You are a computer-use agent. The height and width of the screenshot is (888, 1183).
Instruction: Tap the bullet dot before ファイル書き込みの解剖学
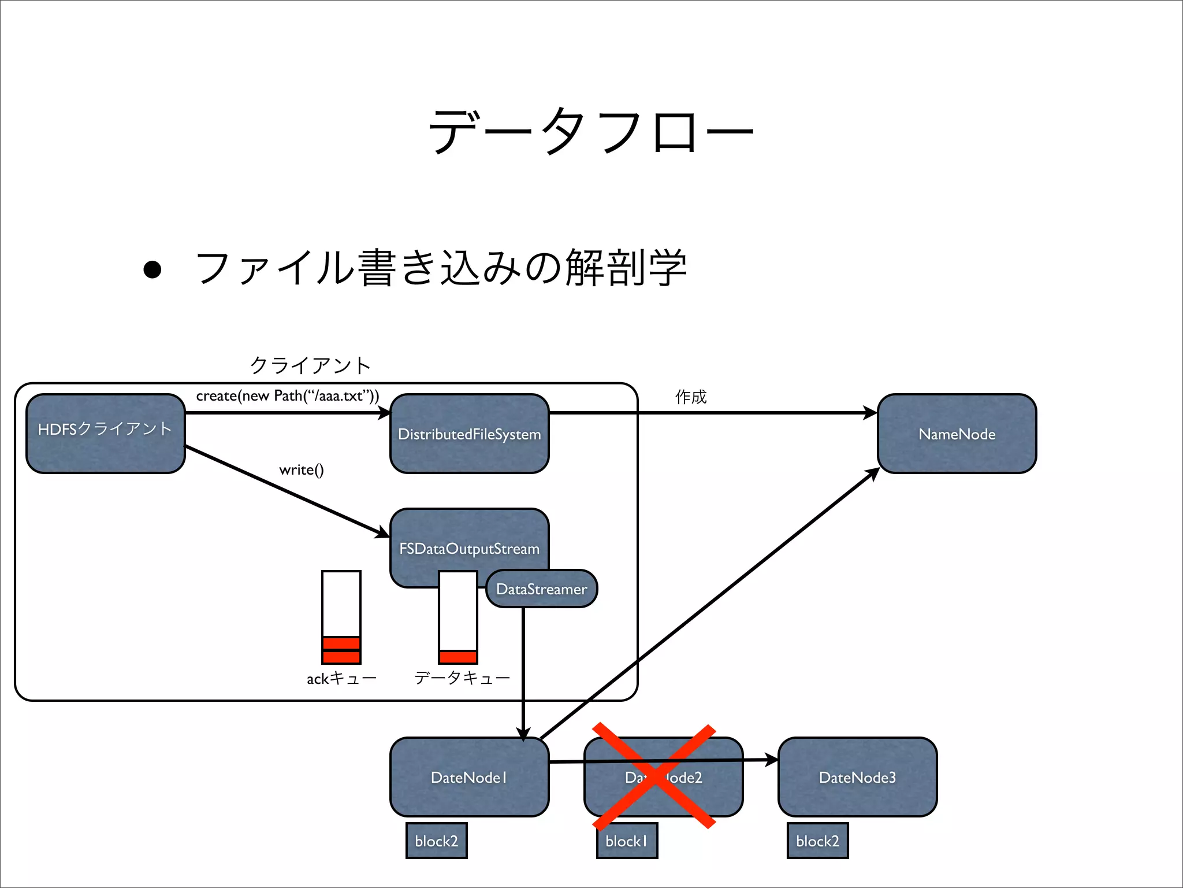coord(152,269)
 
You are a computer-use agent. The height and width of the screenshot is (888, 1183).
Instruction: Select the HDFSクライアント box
coord(105,433)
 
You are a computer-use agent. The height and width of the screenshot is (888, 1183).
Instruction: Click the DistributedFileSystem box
coord(469,434)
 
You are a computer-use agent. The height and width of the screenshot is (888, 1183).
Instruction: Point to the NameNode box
coord(957,434)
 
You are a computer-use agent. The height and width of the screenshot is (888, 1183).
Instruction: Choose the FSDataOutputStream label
coord(469,548)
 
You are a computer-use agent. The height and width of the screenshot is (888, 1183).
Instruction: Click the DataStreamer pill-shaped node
coord(541,589)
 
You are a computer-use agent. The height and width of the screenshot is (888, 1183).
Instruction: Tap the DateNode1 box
coord(469,777)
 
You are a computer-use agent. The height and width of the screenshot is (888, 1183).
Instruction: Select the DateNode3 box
coord(857,777)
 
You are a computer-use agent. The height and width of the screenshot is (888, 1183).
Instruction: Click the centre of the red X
coord(654,776)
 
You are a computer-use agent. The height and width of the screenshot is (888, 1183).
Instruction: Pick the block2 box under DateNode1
coord(436,841)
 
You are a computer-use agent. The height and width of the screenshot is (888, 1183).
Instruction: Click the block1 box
coord(627,841)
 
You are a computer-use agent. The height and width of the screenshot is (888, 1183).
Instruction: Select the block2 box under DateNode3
coord(817,841)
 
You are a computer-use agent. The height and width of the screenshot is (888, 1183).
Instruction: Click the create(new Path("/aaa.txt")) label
coord(287,396)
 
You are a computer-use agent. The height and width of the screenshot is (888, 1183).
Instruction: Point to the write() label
coord(301,469)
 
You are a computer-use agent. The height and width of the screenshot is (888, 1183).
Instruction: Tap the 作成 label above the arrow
coord(691,397)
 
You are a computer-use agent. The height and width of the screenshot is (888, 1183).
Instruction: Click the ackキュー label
coord(341,678)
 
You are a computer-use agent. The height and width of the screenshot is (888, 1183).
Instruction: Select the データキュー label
coord(462,678)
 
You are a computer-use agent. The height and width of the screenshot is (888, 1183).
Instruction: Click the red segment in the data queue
coord(458,657)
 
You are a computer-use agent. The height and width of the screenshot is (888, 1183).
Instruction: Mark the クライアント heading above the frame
coord(310,365)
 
